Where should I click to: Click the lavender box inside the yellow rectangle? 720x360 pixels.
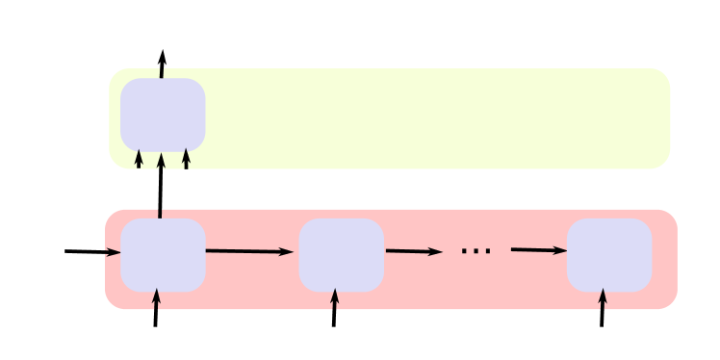click(x=163, y=115)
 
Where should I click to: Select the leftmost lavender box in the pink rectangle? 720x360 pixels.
click(x=163, y=254)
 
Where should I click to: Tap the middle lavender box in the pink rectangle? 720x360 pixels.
click(x=342, y=254)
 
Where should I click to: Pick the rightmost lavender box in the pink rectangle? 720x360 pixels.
click(x=609, y=254)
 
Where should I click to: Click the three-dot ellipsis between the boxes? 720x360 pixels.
click(x=476, y=252)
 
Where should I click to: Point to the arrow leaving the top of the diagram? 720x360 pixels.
click(x=162, y=64)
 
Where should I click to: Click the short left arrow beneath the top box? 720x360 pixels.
click(x=140, y=159)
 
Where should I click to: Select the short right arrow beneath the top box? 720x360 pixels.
click(x=186, y=159)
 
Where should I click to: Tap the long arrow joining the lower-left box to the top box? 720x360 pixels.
click(x=160, y=188)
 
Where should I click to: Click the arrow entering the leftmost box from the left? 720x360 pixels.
click(x=92, y=252)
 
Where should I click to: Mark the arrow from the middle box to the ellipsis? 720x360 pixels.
click(x=413, y=252)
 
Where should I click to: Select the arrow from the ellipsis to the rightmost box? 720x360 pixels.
click(x=538, y=250)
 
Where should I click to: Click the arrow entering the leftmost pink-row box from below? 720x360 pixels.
click(x=156, y=309)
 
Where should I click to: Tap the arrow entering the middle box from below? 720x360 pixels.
click(x=335, y=309)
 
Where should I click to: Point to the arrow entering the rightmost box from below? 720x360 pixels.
click(x=603, y=309)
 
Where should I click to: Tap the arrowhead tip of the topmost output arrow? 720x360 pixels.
click(x=163, y=51)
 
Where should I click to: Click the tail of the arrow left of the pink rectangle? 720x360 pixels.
click(x=66, y=251)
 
